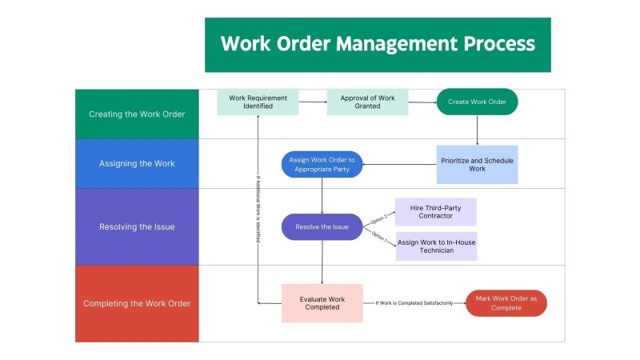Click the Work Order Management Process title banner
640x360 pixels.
pyautogui.click(x=378, y=44)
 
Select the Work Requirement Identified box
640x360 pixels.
pyautogui.click(x=258, y=102)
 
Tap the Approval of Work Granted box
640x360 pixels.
pyautogui.click(x=367, y=102)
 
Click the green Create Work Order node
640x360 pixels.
pyautogui.click(x=477, y=102)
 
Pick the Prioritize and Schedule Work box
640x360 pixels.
pyautogui.click(x=477, y=165)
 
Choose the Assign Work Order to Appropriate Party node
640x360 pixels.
pyautogui.click(x=322, y=165)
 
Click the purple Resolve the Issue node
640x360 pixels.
pyautogui.click(x=322, y=227)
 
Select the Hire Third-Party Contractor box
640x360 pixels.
pyautogui.click(x=436, y=212)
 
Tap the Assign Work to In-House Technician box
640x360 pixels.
pyautogui.click(x=437, y=246)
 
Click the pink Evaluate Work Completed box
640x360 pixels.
pyautogui.click(x=322, y=303)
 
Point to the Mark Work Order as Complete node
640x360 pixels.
pyautogui.click(x=506, y=303)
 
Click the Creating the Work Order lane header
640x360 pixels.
pyautogui.click(x=137, y=114)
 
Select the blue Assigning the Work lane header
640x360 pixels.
pyautogui.click(x=137, y=164)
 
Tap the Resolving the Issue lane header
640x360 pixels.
pyautogui.click(x=137, y=226)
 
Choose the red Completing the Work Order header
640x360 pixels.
pyautogui.click(x=137, y=303)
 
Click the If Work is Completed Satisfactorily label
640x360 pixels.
pyautogui.click(x=414, y=303)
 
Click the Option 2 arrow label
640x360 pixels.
pyautogui.click(x=379, y=218)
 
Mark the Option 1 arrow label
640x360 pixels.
pyautogui.click(x=379, y=237)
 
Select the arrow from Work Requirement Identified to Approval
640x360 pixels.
pyautogui.click(x=312, y=102)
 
